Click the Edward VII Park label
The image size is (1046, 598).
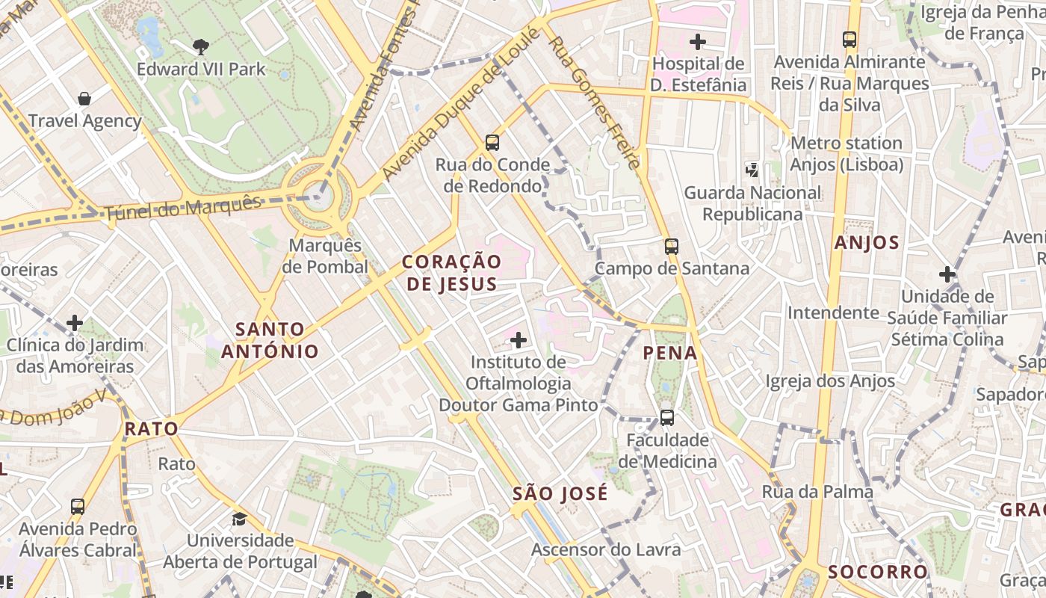click(x=201, y=70)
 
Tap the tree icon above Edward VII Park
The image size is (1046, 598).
click(x=201, y=47)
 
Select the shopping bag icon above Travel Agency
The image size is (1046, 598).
click(x=84, y=99)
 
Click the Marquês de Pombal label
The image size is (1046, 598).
click(x=326, y=256)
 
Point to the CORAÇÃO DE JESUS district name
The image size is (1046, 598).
click(x=451, y=273)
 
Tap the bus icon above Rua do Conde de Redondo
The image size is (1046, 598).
click(x=492, y=143)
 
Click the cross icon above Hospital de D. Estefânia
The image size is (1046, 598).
click(x=697, y=42)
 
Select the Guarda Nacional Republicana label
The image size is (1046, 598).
click(x=752, y=203)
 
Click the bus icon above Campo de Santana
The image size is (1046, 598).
click(x=672, y=247)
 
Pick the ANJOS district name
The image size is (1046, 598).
click(x=867, y=243)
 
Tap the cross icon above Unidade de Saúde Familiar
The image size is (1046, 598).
click(x=947, y=274)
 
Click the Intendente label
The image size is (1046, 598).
click(x=833, y=312)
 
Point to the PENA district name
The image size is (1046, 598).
click(x=670, y=353)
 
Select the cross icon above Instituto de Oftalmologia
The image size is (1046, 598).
click(x=518, y=341)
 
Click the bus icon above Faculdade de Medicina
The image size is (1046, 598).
click(x=666, y=418)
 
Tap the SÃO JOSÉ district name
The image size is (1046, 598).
click(x=560, y=494)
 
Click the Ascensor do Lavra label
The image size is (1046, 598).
click(x=606, y=550)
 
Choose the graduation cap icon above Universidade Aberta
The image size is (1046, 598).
click(x=239, y=519)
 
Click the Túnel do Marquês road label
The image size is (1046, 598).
click(x=183, y=209)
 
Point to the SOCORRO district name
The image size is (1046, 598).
click(x=877, y=573)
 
